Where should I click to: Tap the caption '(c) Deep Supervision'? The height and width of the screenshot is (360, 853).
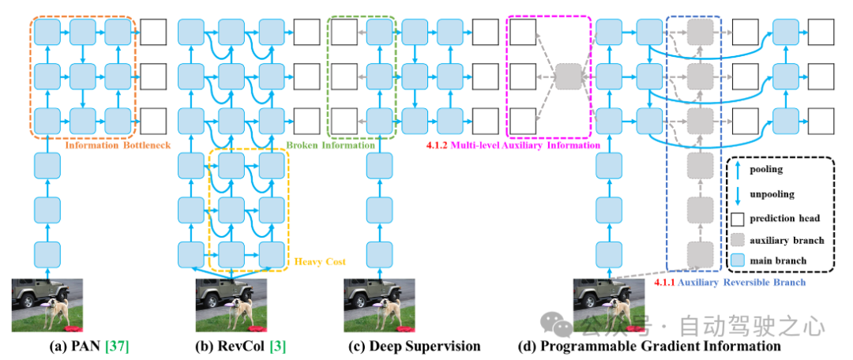414,346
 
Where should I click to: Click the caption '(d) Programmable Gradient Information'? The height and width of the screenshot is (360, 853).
649,346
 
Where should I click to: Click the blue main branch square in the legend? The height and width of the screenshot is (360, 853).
738,259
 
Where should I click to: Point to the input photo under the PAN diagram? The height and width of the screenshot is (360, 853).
42,305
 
